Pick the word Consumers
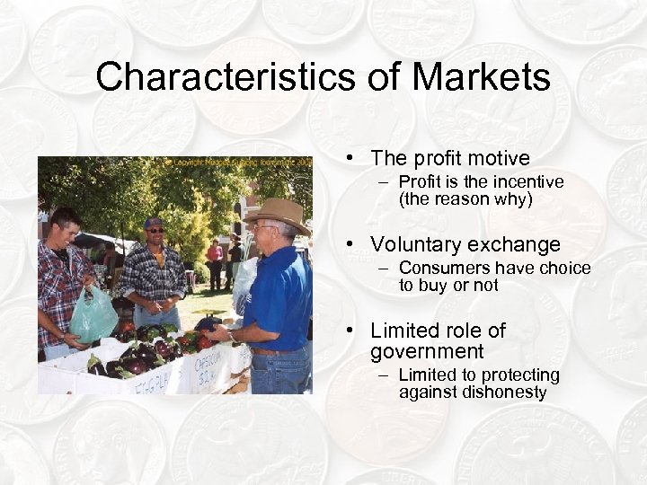(441, 269)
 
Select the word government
(427, 351)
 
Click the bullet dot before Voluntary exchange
(357, 244)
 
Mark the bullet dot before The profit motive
(357, 159)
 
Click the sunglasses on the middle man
(155, 231)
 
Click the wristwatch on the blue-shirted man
(230, 335)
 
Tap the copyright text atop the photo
(238, 163)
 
